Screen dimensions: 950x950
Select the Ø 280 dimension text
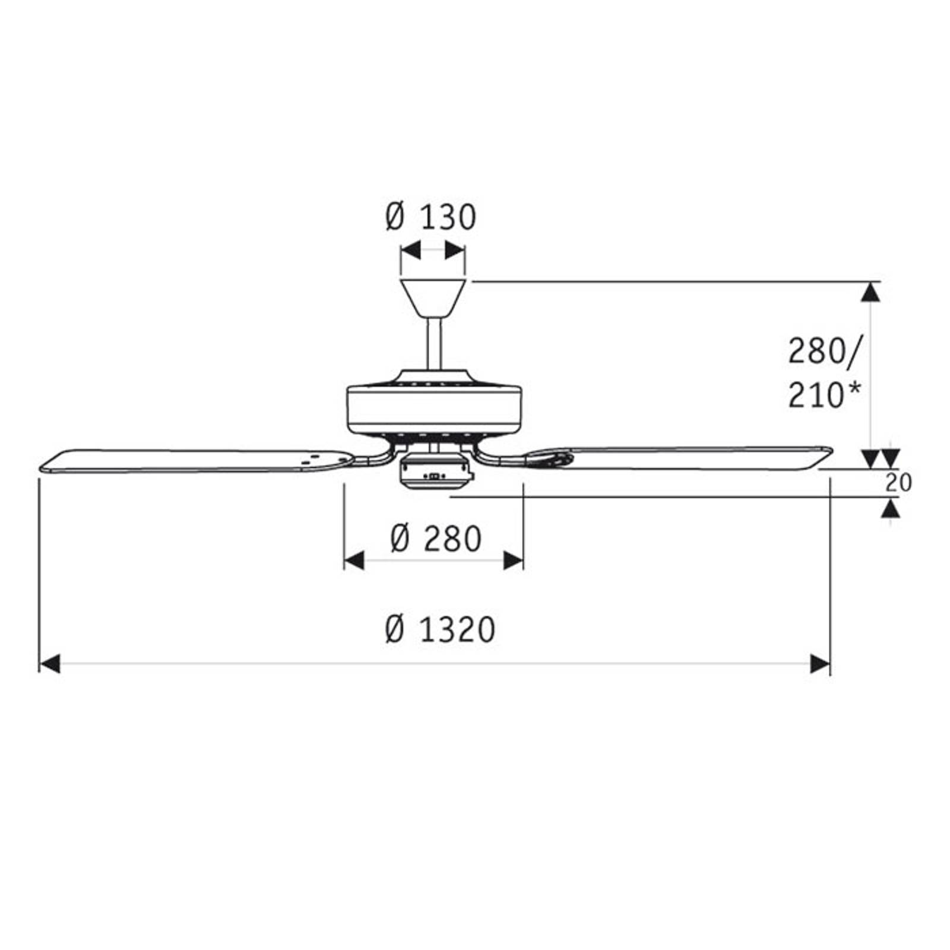coord(436,539)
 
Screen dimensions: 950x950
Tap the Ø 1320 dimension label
coord(439,629)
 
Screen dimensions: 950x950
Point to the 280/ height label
coord(824,351)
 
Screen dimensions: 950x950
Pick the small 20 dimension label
coord(898,482)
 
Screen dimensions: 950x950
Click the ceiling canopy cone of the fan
coord(433,299)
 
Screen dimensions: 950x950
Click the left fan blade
coord(196,461)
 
